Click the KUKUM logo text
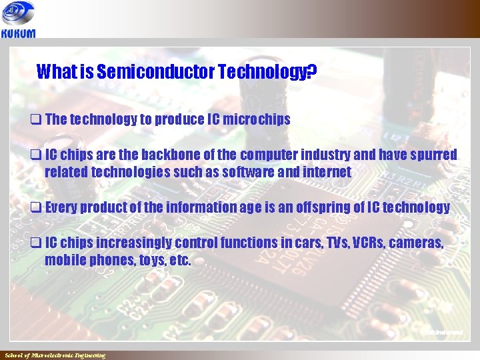click(x=18, y=33)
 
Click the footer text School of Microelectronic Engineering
click(x=55, y=355)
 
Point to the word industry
click(x=331, y=155)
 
